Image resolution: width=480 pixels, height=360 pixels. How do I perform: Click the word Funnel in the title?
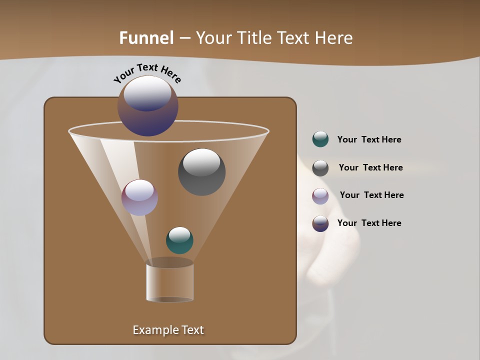coord(146,38)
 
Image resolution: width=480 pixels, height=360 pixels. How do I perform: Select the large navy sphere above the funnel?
coord(148,106)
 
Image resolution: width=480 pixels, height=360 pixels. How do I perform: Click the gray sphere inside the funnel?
coord(201,172)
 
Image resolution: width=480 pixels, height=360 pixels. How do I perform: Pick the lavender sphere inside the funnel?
coord(139,197)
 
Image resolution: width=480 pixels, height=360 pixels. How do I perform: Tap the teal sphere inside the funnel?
coord(179,240)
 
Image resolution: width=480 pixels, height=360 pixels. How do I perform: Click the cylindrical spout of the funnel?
coord(169,282)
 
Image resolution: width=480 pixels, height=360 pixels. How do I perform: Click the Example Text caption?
coord(168,330)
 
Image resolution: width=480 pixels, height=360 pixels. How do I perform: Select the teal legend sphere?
coord(320,139)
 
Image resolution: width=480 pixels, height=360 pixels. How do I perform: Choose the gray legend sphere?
coord(320,168)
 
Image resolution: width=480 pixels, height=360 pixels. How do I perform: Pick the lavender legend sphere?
coord(320,196)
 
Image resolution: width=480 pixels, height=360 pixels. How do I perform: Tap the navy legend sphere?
coord(320,223)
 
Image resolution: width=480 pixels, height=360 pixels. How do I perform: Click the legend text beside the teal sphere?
coord(369,140)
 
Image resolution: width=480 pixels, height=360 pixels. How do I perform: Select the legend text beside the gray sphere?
coord(370,168)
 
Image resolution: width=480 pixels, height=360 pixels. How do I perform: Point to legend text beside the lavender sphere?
coord(371,195)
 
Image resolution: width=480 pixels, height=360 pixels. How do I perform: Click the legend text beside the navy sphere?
coord(369,223)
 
